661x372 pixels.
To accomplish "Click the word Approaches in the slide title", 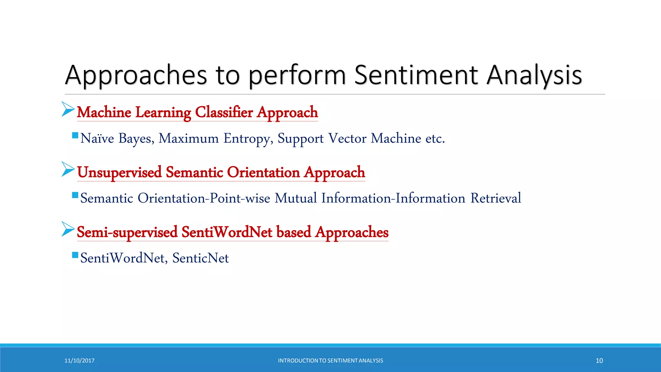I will pos(136,75).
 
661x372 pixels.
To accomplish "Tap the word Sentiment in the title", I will pos(416,75).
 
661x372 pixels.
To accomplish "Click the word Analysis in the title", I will pos(534,75).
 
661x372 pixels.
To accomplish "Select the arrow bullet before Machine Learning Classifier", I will pos(68,109).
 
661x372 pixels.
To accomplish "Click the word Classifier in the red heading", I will pos(224,112).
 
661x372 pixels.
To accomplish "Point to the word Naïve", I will pos(97,138).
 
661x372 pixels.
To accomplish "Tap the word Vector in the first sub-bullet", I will pos(347,138).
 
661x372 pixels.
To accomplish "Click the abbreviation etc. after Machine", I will pos(435,139).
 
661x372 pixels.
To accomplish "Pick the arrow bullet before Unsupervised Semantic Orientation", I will pos(68,169).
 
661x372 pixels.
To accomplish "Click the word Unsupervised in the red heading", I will pos(119,172).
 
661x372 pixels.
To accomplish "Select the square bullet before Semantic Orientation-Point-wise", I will pos(75,195).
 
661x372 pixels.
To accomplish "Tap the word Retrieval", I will pos(495,198).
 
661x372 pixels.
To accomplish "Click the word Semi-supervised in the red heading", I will pos(127,232).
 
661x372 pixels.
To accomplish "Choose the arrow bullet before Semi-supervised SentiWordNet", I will pos(68,229).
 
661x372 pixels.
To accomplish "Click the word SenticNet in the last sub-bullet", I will pos(200,258).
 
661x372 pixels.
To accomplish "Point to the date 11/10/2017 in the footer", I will pos(79,361).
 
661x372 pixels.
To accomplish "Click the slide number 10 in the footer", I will pos(599,361).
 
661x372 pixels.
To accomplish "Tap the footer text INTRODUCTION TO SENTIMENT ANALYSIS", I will pos(330,361).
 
